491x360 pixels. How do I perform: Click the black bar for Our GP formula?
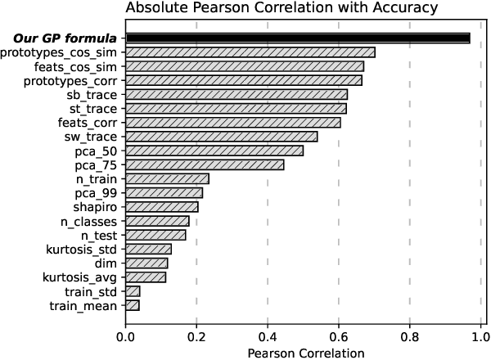pyautogui.click(x=298, y=38)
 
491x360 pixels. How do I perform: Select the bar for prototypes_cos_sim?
pyautogui.click(x=250, y=52)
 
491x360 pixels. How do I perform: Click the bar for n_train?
pyautogui.click(x=167, y=178)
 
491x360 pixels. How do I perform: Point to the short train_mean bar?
pyautogui.click(x=133, y=305)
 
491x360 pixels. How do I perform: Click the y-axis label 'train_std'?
pyautogui.click(x=92, y=291)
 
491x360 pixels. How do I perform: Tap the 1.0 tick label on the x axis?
pyautogui.click(x=480, y=335)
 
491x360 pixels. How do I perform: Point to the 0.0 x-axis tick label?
pyautogui.click(x=126, y=335)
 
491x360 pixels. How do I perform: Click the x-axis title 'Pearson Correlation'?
pyautogui.click(x=304, y=353)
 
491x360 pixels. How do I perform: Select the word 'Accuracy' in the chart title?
pyautogui.click(x=403, y=10)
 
